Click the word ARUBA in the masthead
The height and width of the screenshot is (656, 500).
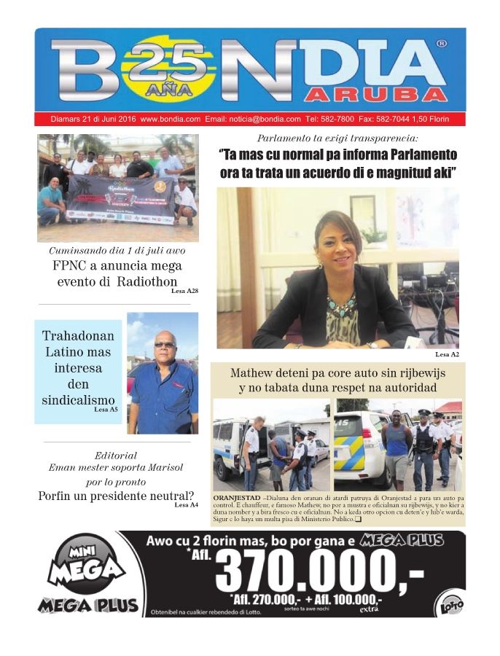[376, 95]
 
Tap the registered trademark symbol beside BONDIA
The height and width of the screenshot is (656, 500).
[442, 44]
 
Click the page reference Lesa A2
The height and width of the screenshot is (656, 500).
[447, 354]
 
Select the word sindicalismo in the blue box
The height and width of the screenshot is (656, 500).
[78, 400]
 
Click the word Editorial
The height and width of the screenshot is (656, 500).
[116, 456]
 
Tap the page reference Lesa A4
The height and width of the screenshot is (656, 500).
[184, 505]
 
